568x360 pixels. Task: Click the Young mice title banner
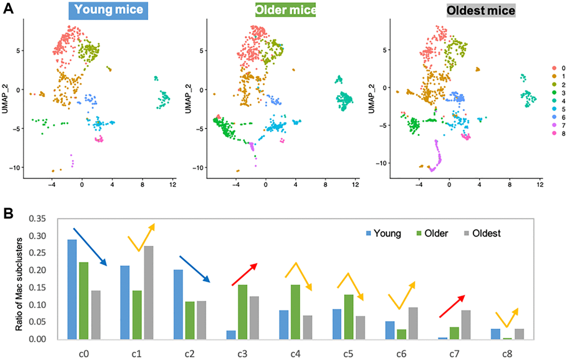click(109, 10)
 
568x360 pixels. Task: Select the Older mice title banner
click(285, 10)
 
